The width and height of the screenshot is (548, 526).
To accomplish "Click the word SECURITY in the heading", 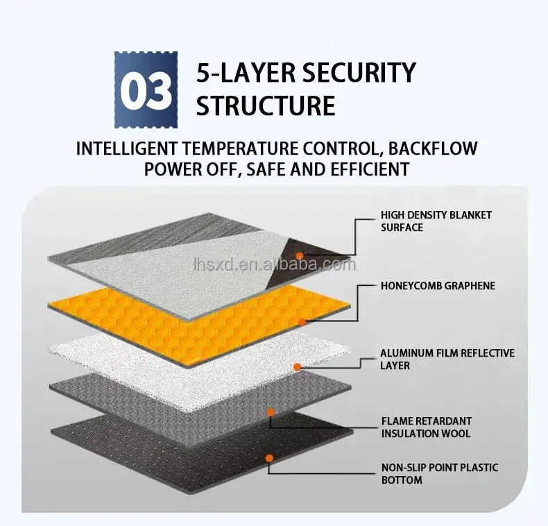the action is pyautogui.click(x=359, y=72).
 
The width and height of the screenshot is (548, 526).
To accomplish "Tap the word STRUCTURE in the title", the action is pyautogui.click(x=266, y=105).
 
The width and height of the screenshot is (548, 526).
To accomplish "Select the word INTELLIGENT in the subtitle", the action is pyautogui.click(x=126, y=149).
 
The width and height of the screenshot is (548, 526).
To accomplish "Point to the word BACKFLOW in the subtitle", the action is pyautogui.click(x=433, y=149).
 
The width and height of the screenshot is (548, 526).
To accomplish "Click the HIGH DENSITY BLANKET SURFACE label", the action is pyautogui.click(x=436, y=221).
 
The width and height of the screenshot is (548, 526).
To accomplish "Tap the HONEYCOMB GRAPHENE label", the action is pyautogui.click(x=438, y=286).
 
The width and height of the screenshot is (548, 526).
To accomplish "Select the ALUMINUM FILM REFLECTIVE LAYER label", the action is pyautogui.click(x=447, y=359).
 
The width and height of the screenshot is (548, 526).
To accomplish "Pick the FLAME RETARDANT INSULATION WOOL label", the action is pyautogui.click(x=427, y=427).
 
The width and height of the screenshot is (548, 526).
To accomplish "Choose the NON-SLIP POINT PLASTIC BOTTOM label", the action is pyautogui.click(x=440, y=473).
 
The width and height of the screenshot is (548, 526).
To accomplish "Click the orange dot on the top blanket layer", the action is pyautogui.click(x=300, y=256).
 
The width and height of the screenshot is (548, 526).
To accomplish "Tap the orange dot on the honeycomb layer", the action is pyautogui.click(x=302, y=322).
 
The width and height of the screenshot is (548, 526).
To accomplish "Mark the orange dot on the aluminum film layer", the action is pyautogui.click(x=297, y=367).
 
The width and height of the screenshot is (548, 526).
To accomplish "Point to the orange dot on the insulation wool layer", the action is pyautogui.click(x=270, y=412).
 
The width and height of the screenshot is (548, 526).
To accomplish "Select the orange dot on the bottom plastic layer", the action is pyautogui.click(x=269, y=458).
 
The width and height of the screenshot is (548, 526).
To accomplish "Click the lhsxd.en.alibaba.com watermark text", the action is pyautogui.click(x=275, y=264).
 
